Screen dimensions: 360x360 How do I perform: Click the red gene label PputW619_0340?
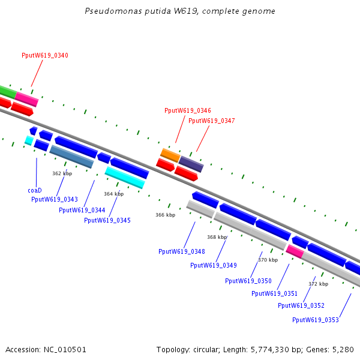tap(45, 55)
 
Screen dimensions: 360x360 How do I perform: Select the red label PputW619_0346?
tap(188, 110)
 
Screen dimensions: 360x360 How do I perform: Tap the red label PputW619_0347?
tap(212, 121)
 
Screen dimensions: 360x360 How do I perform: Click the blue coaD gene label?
tap(35, 190)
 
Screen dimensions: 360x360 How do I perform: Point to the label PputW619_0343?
tap(55, 199)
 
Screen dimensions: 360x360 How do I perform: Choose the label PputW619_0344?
tap(82, 210)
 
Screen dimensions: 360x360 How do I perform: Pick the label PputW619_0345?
tap(107, 220)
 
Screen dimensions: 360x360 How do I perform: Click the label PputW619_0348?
tap(182, 251)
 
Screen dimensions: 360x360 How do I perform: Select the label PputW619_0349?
tap(214, 265)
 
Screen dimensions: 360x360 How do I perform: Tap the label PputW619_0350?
tap(248, 281)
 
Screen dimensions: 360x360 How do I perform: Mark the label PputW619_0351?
tap(275, 293)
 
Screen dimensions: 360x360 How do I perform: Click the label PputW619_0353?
tap(316, 320)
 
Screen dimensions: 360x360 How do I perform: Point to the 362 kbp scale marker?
tap(62, 173)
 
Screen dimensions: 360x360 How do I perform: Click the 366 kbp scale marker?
tap(166, 215)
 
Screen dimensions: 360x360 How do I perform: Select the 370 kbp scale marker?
tap(268, 260)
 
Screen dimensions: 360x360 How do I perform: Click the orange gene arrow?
tap(170, 155)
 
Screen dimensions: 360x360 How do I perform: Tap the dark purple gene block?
tap(191, 163)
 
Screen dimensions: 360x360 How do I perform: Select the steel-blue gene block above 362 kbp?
tap(71, 156)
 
